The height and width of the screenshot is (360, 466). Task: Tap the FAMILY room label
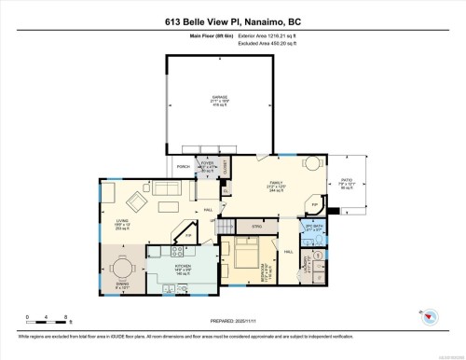(277, 184)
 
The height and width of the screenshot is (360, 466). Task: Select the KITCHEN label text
(182, 269)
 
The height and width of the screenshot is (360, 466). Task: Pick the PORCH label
(183, 167)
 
